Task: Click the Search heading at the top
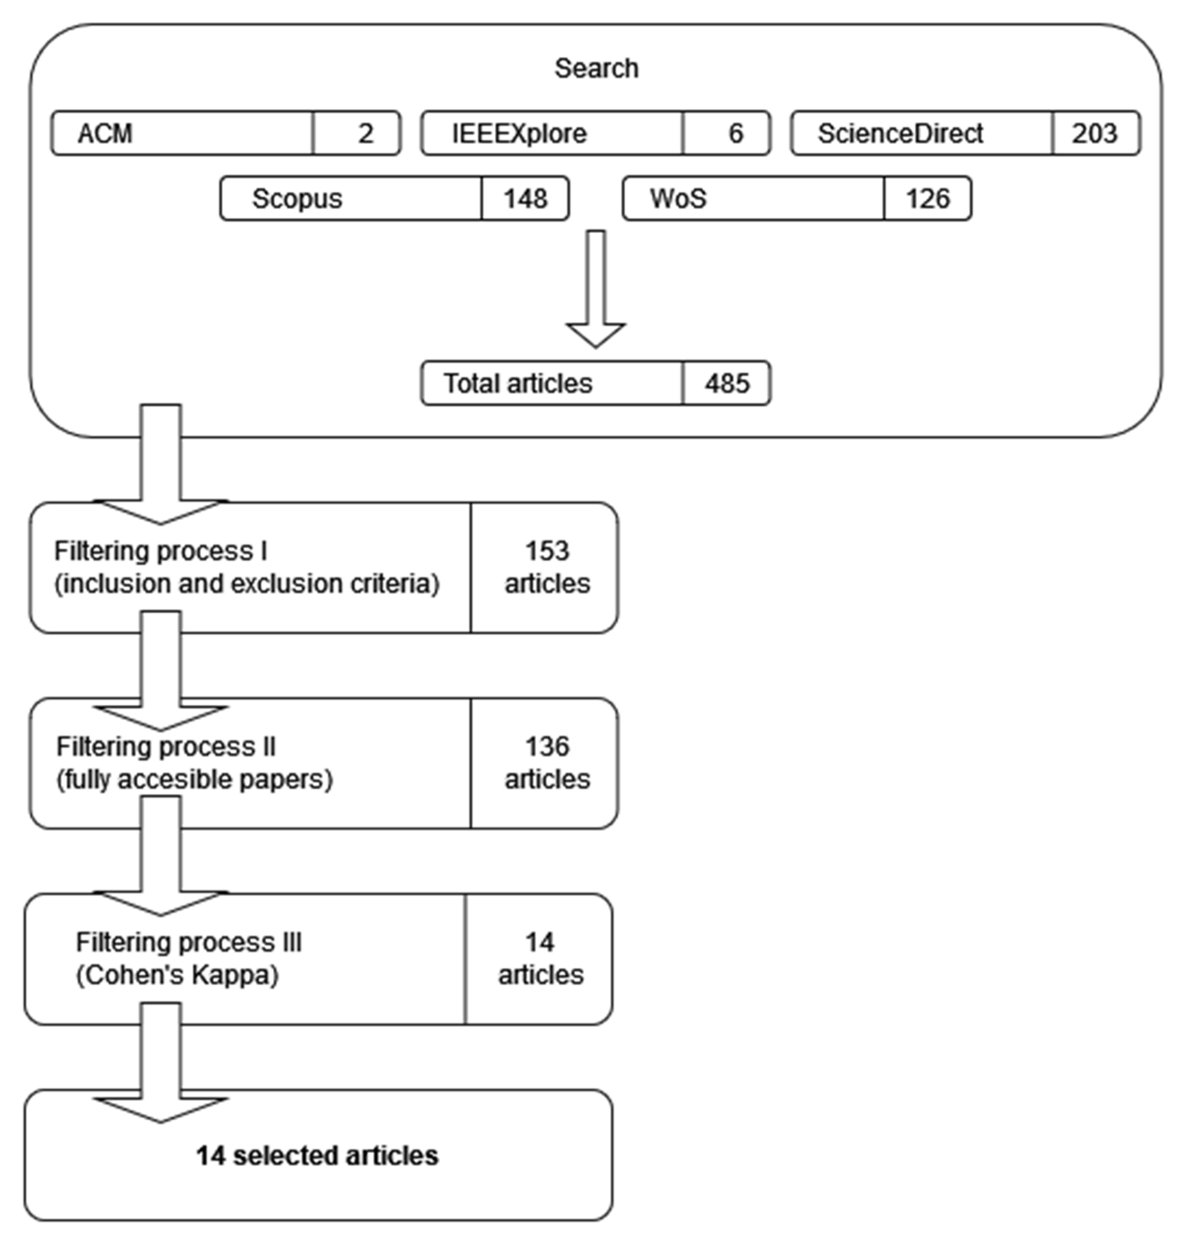pos(596,68)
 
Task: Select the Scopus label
pos(296,199)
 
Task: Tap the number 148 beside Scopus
pos(525,199)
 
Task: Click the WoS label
pos(678,199)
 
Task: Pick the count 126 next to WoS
pos(927,199)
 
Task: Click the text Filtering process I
pos(160,551)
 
